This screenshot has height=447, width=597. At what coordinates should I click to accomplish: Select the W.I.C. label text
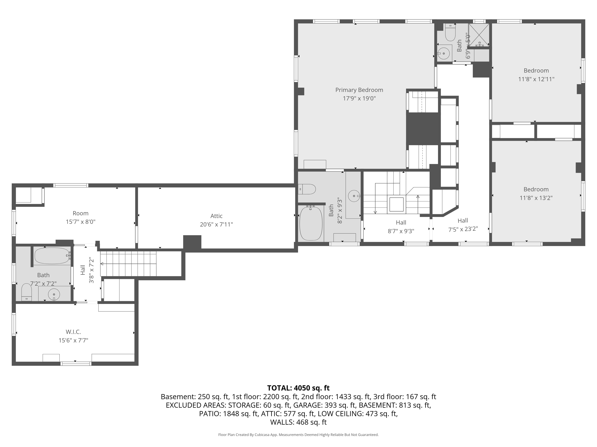coord(73,332)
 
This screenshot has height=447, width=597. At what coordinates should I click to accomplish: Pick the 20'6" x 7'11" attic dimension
coord(216,224)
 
